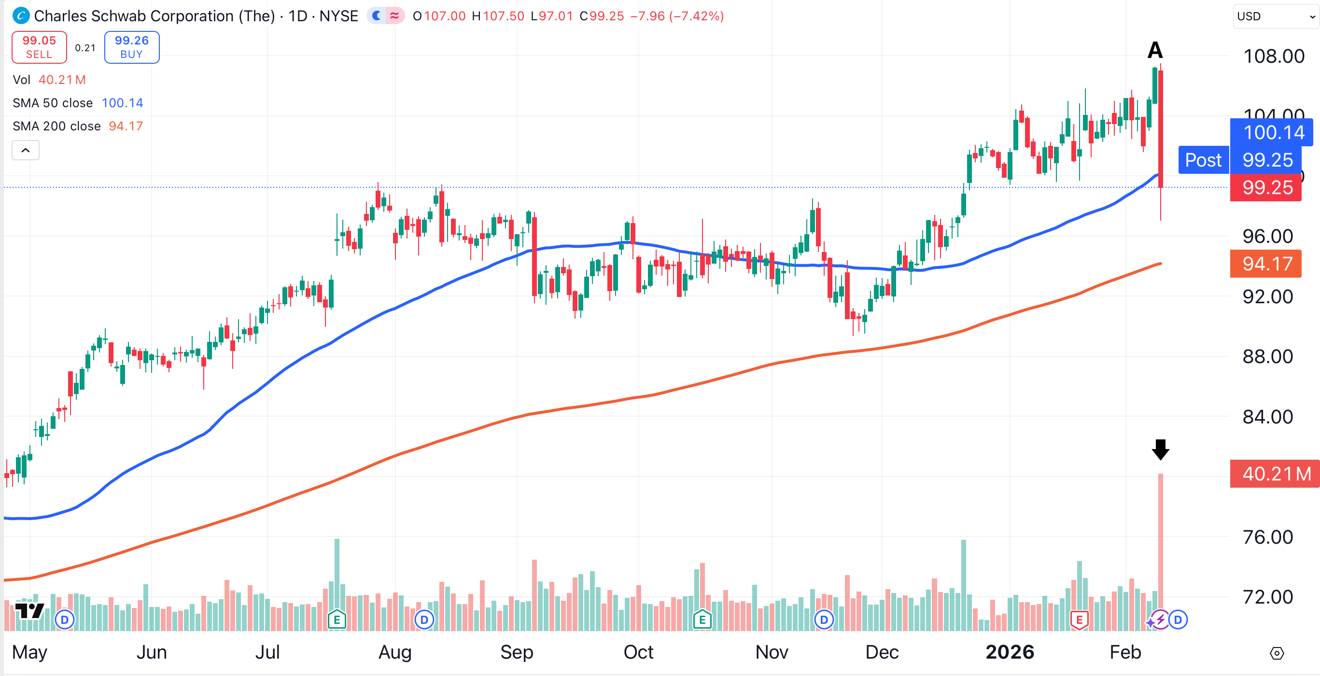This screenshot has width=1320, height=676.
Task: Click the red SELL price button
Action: coord(39,47)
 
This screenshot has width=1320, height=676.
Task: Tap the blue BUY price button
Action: coord(132,47)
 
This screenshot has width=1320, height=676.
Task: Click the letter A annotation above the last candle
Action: coord(1155,50)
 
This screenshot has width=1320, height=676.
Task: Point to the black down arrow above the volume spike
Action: coord(1160,450)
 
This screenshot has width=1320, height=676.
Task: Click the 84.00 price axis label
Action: coord(1267,417)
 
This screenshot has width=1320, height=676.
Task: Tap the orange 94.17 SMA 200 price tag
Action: coord(1265,264)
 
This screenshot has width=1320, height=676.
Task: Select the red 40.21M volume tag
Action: coord(1275,474)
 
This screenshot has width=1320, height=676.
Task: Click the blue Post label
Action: coord(1203,160)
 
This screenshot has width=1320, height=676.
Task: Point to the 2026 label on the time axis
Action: coord(1010,652)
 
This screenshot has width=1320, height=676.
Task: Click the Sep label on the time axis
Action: coord(517,652)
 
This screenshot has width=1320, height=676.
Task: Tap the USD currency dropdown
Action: coord(1275,16)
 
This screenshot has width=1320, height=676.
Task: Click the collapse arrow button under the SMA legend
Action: coord(26,150)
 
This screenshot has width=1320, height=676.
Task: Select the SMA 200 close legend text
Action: coord(56,126)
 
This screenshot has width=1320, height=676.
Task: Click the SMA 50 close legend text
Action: coord(52,103)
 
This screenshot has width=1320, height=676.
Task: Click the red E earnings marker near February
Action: coord(1079,620)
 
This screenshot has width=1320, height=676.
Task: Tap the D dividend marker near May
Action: coord(65,620)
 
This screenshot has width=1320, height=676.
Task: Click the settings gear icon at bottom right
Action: coord(1277,653)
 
